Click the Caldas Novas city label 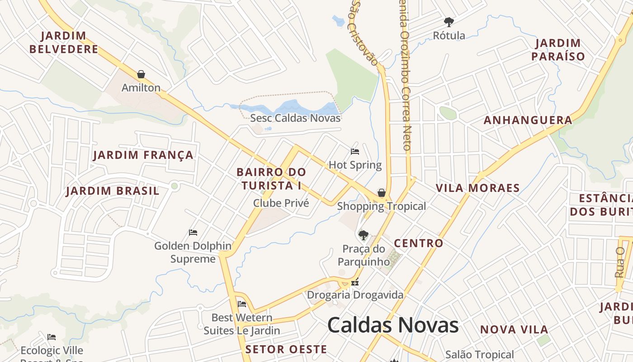click(x=392, y=325)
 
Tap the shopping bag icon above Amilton click(x=141, y=74)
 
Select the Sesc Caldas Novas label click(x=295, y=118)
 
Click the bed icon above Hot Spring click(x=355, y=152)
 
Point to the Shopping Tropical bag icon click(x=382, y=193)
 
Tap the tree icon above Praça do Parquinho click(x=363, y=235)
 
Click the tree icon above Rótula click(x=449, y=22)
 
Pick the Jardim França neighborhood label click(x=143, y=155)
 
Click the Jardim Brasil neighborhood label click(x=113, y=191)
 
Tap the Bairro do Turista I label click(x=271, y=179)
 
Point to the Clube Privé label click(x=281, y=203)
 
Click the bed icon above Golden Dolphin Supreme click(x=193, y=233)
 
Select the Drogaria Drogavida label click(x=355, y=295)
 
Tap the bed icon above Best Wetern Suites click(x=242, y=304)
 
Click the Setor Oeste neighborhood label click(x=286, y=349)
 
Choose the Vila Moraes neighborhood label click(x=477, y=188)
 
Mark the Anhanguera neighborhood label click(x=528, y=120)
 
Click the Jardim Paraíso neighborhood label click(x=558, y=50)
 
